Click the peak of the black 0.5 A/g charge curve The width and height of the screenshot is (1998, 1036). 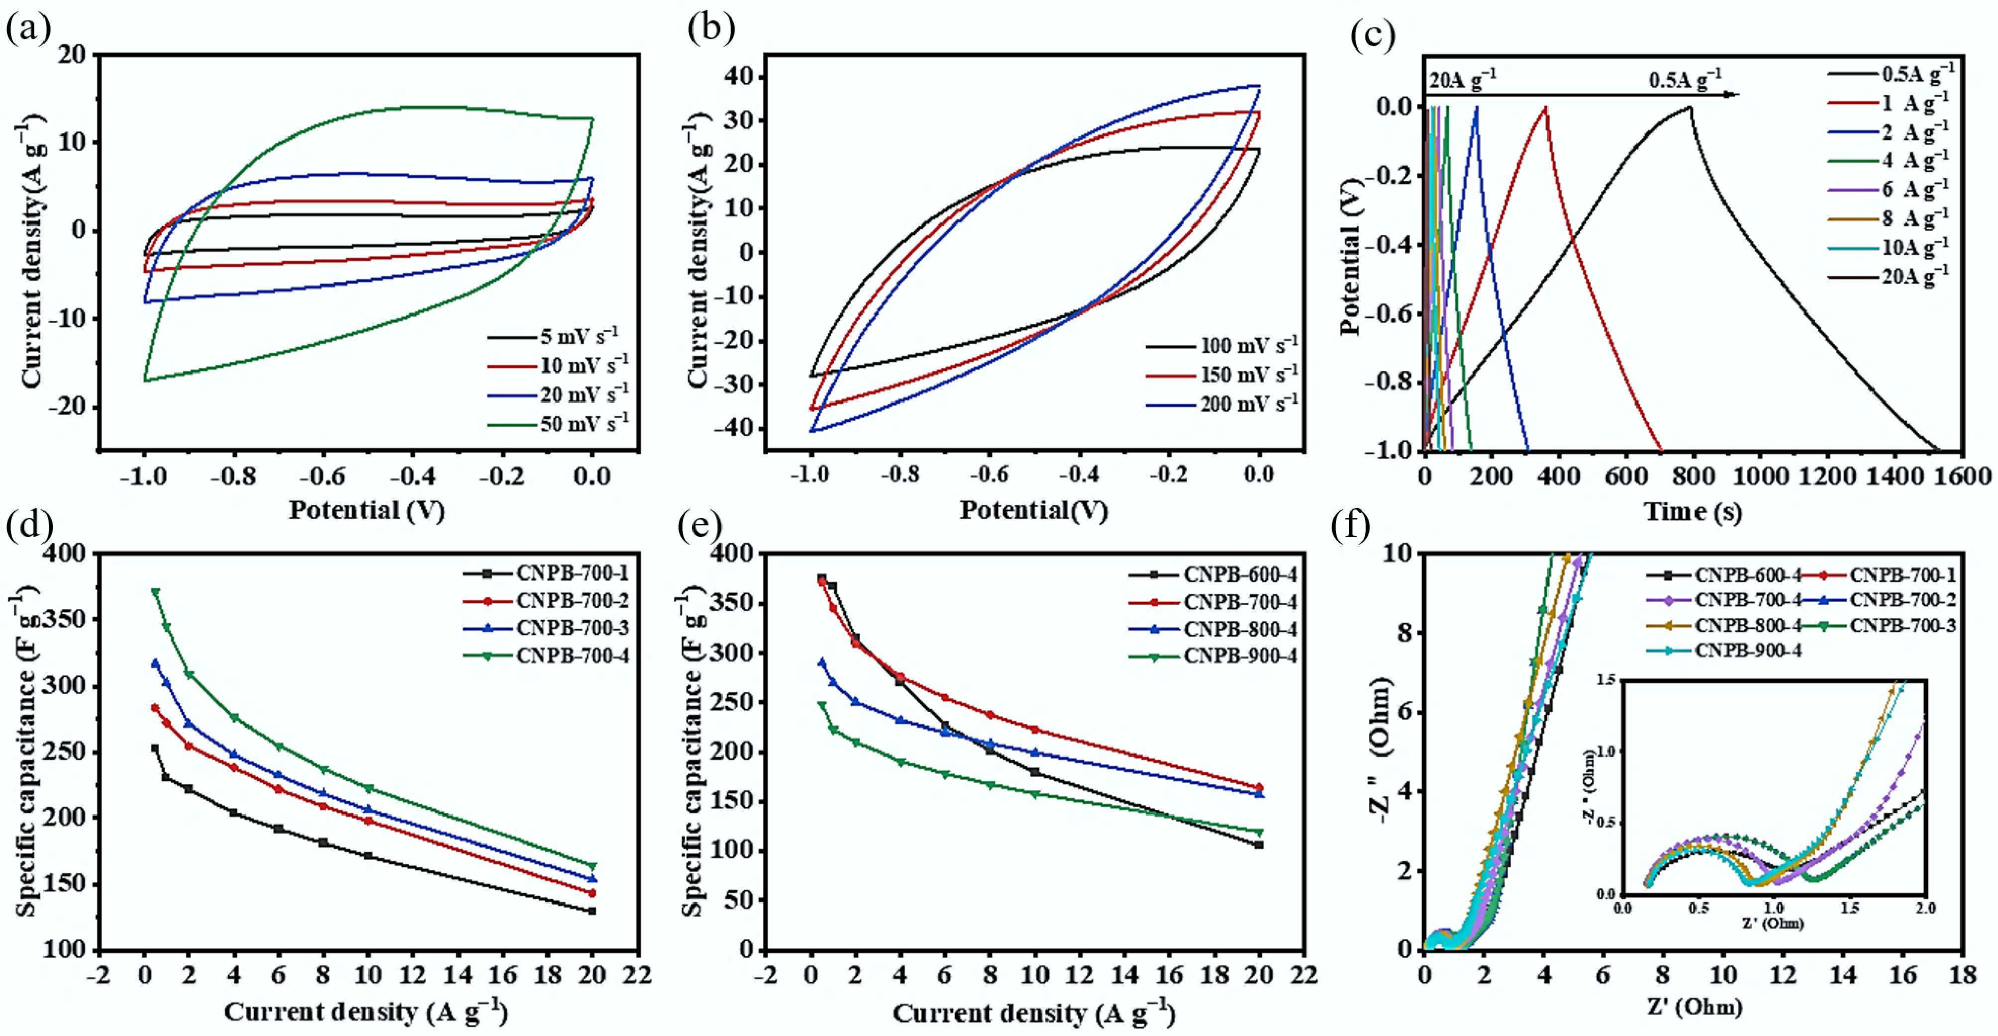(x=1689, y=107)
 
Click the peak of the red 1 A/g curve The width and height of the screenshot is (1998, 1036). (x=1545, y=107)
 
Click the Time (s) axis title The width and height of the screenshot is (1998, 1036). (x=1693, y=512)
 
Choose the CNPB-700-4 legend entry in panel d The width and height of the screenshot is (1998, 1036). (x=573, y=656)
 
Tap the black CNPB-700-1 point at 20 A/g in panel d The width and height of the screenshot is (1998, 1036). (x=593, y=911)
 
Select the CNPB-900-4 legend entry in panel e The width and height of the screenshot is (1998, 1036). (x=1239, y=656)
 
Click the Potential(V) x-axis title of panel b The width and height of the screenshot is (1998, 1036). (x=1033, y=510)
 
